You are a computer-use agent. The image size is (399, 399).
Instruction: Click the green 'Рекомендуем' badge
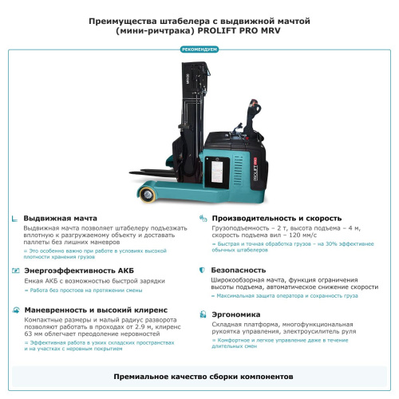click(199, 49)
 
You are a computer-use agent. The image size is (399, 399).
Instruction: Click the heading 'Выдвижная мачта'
click(61, 218)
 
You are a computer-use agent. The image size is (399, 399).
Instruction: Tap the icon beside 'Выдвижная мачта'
click(15, 218)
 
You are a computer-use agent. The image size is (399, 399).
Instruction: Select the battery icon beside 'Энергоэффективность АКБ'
click(15, 271)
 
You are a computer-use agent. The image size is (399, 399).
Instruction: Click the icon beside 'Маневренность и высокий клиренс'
click(15, 310)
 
